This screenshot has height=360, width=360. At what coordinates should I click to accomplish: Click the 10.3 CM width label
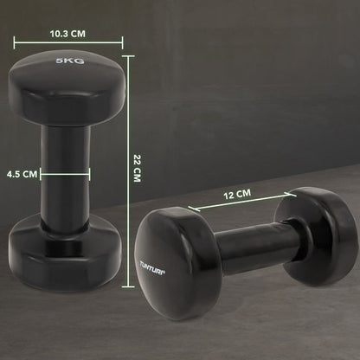coord(67,34)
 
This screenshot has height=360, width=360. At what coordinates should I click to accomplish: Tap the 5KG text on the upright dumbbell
coord(68,62)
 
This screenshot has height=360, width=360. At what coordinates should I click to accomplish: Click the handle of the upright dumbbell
coord(65,169)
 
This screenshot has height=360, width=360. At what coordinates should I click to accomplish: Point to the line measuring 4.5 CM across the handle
coord(65,174)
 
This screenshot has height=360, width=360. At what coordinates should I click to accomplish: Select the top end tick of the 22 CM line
coord(128,56)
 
